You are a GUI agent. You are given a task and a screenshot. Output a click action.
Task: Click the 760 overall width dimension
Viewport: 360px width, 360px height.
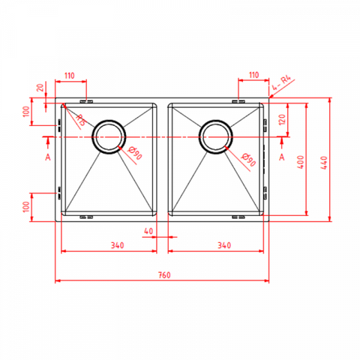[164, 275]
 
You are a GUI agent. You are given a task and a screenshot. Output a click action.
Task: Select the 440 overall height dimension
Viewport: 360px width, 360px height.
[324, 163]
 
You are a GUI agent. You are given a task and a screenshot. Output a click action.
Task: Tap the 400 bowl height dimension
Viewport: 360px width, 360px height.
[301, 162]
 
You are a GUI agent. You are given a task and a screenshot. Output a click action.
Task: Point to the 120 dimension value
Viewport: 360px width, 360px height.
[282, 120]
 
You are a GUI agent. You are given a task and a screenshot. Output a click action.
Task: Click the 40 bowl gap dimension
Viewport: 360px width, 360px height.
[148, 231]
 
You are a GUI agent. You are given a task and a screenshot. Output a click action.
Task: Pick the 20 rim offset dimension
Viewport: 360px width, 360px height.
[40, 87]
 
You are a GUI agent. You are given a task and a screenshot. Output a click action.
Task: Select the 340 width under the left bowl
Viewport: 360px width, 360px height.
[118, 245]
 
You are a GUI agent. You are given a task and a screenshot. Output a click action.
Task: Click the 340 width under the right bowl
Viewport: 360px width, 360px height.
[224, 245]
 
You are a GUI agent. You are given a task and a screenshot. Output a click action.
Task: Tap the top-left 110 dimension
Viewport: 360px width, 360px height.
[70, 75]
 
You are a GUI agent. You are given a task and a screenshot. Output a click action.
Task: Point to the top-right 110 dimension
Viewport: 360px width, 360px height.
[253, 75]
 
